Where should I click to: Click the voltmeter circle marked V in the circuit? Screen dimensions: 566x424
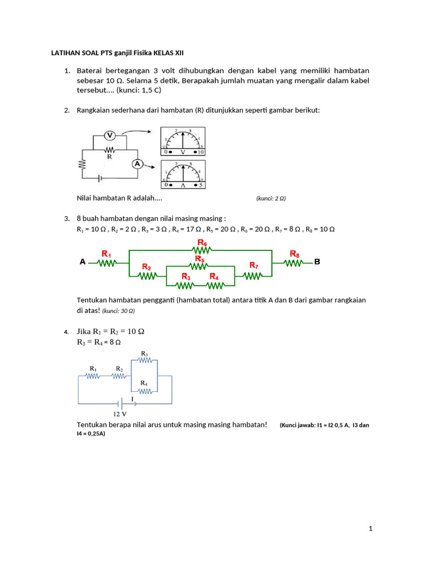109,135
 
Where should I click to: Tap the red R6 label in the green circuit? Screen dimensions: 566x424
202,243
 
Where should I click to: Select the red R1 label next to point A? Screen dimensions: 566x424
106,254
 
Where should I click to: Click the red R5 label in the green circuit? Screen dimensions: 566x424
199,259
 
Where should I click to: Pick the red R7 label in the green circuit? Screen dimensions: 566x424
253,265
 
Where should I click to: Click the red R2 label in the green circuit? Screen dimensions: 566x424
146,267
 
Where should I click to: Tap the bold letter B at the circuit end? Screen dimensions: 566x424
317,262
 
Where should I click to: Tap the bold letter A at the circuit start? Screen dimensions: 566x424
83,263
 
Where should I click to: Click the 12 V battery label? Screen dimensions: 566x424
120,413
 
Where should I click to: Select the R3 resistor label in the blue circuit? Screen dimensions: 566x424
144,353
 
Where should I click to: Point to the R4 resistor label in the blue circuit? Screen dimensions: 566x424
144,382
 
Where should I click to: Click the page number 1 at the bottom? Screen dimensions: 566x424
371,529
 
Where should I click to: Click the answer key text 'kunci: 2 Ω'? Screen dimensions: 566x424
271,198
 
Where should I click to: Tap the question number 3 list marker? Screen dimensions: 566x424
66,219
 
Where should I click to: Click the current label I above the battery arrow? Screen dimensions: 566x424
132,399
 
